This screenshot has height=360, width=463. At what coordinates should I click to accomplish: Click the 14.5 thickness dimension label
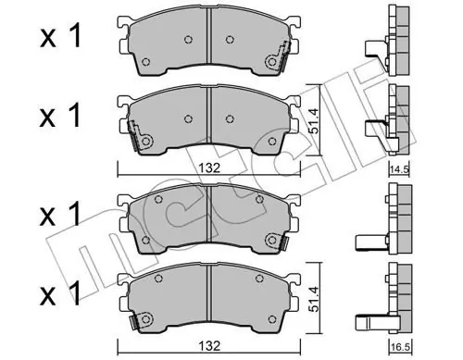399,169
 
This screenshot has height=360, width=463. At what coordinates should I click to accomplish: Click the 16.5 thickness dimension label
399,348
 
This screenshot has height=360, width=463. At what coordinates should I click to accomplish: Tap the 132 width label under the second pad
209,168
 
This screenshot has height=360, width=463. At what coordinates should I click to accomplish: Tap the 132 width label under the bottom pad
209,346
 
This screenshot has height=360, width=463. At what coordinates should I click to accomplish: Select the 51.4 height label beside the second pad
314,119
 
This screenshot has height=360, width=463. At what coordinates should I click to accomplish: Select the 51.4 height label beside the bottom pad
314,298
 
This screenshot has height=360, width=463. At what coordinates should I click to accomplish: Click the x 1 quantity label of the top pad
60,37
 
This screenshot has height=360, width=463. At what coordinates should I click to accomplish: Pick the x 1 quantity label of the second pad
60,116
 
